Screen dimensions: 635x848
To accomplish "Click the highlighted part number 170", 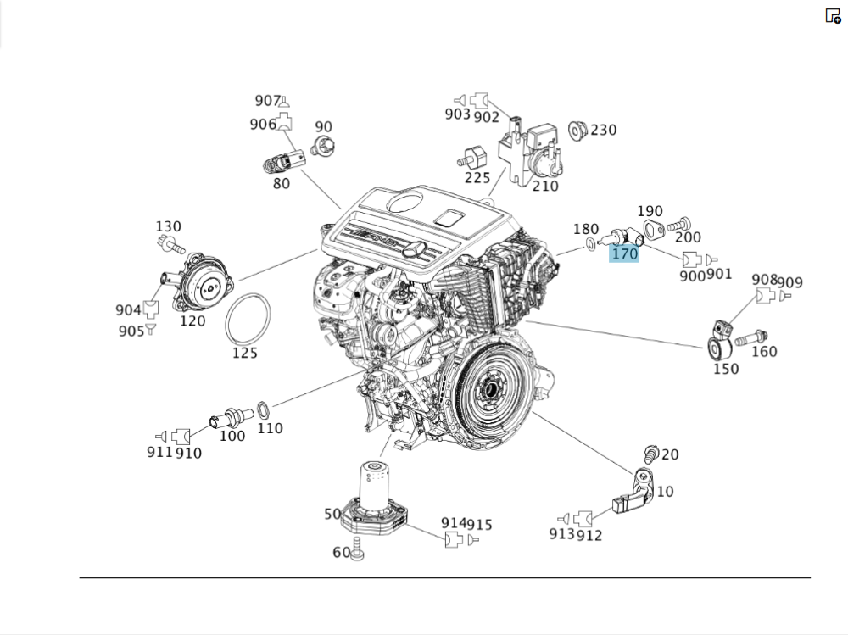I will pyautogui.click(x=624, y=253).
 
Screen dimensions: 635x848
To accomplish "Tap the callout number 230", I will pyautogui.click(x=603, y=130).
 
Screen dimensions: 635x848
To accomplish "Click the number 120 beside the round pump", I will pyautogui.click(x=192, y=320).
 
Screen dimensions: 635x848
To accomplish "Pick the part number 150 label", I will pyautogui.click(x=725, y=369).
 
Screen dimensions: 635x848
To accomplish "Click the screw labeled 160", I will pyautogui.click(x=748, y=339).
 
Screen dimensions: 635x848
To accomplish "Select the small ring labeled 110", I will pyautogui.click(x=263, y=411).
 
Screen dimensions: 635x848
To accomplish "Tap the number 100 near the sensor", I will pyautogui.click(x=232, y=436).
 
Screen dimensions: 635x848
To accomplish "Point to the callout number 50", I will pyautogui.click(x=332, y=514).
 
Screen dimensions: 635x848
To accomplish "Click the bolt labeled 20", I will pyautogui.click(x=652, y=454).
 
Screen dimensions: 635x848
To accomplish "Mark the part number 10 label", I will pyautogui.click(x=665, y=492).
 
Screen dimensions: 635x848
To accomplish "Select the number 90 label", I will pyautogui.click(x=323, y=127).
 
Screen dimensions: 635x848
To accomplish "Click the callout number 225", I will pyautogui.click(x=477, y=177).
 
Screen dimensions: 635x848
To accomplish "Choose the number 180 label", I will pyautogui.click(x=585, y=229).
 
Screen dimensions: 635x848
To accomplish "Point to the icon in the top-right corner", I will pyautogui.click(x=833, y=15).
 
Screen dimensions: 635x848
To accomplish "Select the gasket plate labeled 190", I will pyautogui.click(x=652, y=228).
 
